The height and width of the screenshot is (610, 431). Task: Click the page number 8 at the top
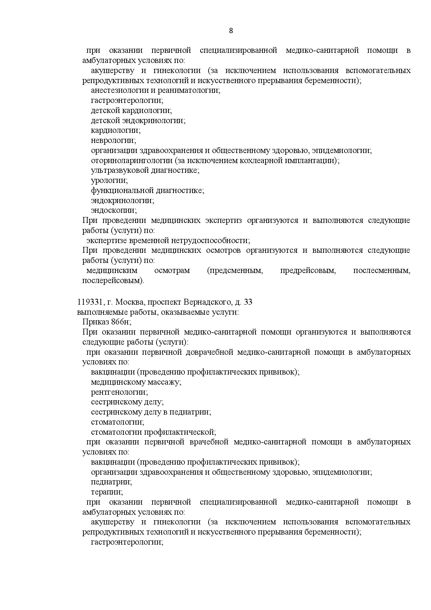tap(231, 31)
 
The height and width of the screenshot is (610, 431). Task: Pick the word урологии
tap(109, 180)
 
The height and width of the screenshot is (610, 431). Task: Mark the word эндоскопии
tap(114, 210)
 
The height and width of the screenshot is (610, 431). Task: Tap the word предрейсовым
tap(308, 271)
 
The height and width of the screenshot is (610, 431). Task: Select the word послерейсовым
tap(113, 280)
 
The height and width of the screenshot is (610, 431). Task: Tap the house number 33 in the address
tap(248, 302)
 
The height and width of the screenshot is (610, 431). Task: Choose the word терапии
tap(107, 492)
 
